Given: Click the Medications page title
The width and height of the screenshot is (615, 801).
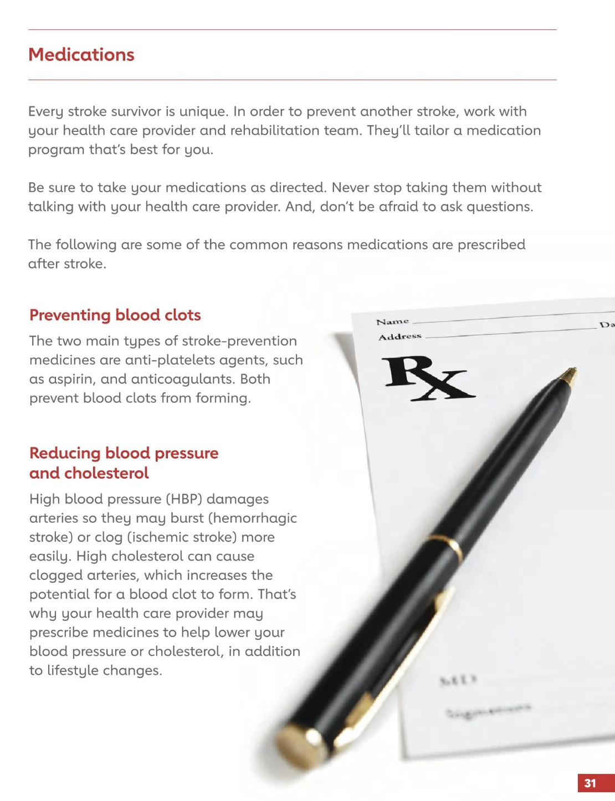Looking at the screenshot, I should coord(81,55).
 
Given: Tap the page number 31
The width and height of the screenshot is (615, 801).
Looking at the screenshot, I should coord(590,783).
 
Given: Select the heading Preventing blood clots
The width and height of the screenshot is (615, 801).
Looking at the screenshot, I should coord(115,315).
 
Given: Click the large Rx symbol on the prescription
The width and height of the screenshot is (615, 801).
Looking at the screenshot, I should coord(426,378).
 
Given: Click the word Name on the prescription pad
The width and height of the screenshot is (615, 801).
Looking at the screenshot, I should coord(392,322).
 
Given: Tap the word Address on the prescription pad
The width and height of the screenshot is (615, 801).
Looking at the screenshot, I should coord(399,337).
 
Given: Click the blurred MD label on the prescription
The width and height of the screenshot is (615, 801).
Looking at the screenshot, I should coord(458,680).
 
